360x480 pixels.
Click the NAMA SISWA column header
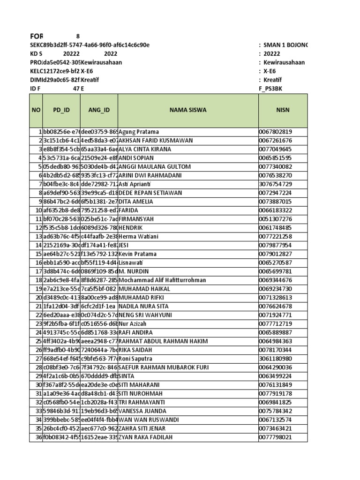[188, 110]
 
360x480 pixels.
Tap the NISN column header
[283, 110]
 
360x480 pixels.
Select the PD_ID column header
[61, 110]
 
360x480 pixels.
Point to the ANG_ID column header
[99, 110]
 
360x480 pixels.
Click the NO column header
[36, 110]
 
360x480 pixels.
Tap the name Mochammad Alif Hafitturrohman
[162, 280]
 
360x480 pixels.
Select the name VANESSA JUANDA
[143, 411]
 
